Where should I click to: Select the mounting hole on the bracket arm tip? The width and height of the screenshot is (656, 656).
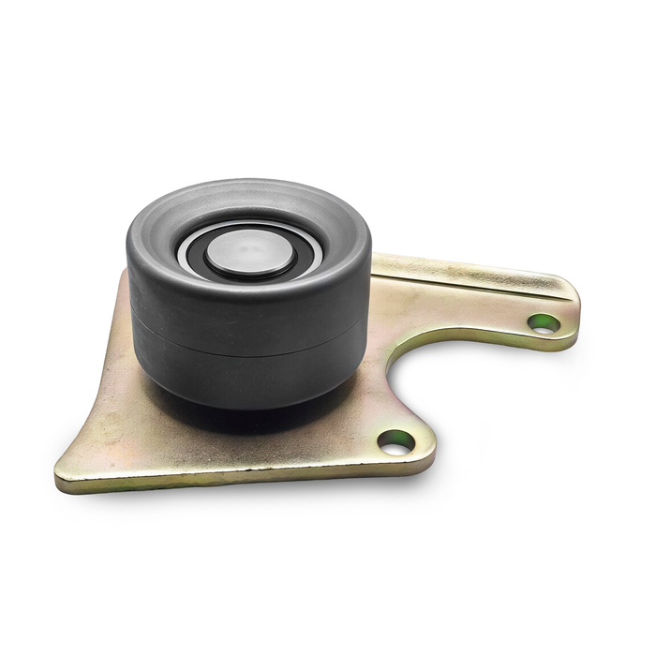pos(544,323)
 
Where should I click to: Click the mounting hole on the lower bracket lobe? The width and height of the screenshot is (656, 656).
pos(395,442)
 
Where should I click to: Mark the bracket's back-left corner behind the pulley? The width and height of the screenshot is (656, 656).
pos(124,275)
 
